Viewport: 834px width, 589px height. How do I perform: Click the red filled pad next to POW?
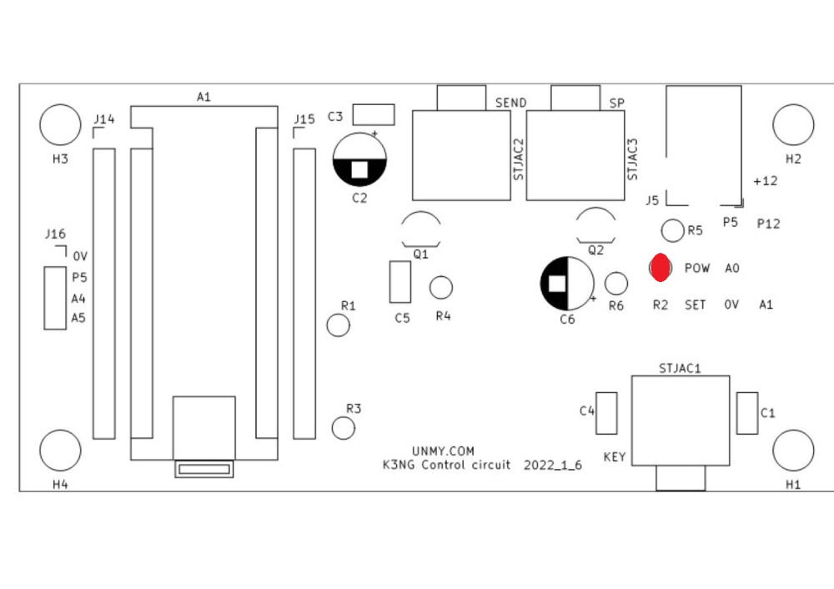[660, 268]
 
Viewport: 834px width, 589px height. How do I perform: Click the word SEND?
[510, 103]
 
